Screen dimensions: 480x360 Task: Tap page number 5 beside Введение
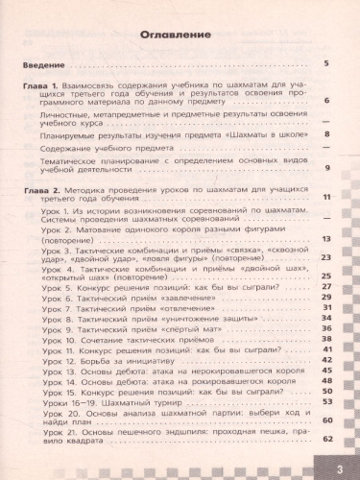click(327, 64)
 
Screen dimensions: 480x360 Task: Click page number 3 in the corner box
click(340, 467)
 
